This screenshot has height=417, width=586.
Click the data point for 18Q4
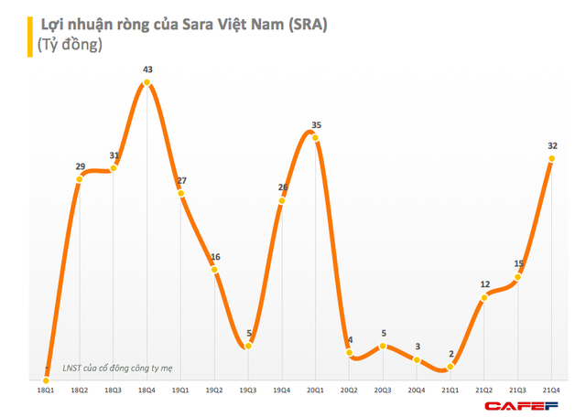(147, 85)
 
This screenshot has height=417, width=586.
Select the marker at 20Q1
(316, 134)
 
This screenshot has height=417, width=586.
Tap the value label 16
(215, 257)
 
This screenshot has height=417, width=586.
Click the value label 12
(485, 283)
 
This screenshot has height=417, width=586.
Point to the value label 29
(80, 166)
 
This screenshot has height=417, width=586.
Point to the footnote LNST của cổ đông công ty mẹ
(117, 369)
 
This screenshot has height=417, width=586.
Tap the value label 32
(552, 144)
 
